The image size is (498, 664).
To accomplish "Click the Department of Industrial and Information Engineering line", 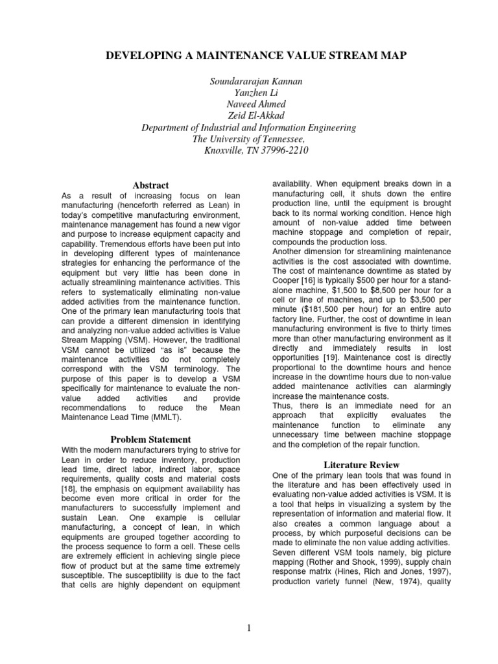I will [248, 128].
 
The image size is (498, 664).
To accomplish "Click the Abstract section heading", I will [150, 185].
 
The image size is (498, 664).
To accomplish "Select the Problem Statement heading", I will [150, 439].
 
